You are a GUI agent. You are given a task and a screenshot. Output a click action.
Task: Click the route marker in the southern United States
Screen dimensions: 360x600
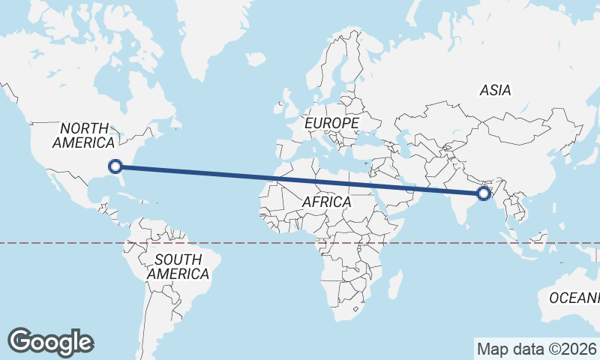(115, 166)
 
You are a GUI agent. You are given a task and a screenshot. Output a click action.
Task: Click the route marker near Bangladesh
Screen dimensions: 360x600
(484, 193)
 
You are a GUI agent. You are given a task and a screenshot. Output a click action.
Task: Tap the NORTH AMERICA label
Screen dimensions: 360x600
(83, 135)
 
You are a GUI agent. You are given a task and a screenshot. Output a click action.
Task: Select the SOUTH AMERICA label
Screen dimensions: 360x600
(178, 267)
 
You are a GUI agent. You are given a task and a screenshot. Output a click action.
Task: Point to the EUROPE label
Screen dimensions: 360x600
(331, 121)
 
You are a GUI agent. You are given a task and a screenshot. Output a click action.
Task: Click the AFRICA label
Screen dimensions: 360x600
(326, 202)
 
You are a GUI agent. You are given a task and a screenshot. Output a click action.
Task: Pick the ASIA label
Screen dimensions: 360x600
(495, 90)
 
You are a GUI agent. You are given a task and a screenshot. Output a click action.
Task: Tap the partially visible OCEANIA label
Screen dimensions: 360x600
(574, 298)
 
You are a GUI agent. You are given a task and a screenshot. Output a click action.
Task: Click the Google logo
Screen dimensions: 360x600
(50, 342)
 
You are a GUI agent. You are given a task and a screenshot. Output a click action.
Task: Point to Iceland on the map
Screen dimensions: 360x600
(255, 58)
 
